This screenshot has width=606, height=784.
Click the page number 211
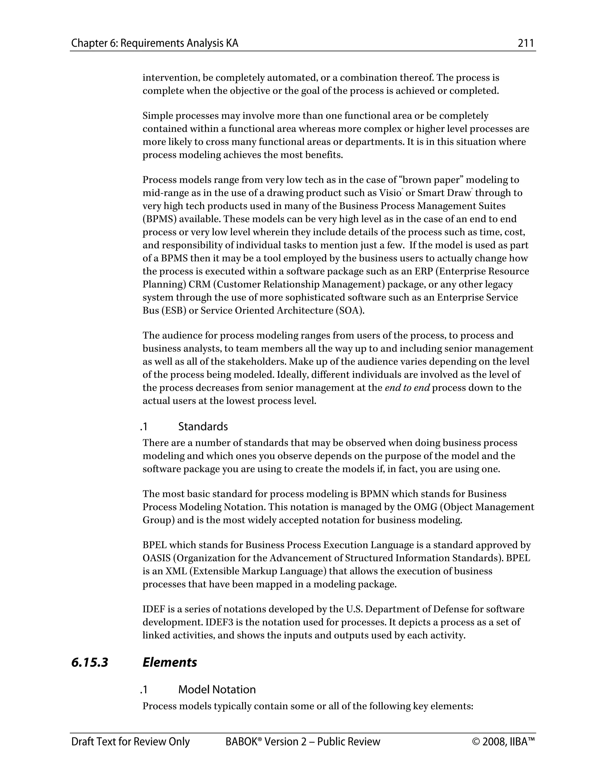[x=526, y=43]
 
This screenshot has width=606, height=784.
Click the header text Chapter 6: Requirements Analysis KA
[x=155, y=43]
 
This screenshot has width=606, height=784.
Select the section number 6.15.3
[x=90, y=662]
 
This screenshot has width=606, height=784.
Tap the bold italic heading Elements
[x=170, y=662]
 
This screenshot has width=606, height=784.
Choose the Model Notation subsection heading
[x=217, y=690]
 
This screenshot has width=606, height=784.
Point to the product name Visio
[x=390, y=193]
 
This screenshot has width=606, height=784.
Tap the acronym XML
[x=176, y=571]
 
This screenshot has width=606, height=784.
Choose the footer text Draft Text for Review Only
[x=130, y=742]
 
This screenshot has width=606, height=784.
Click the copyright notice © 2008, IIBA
[x=503, y=742]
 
